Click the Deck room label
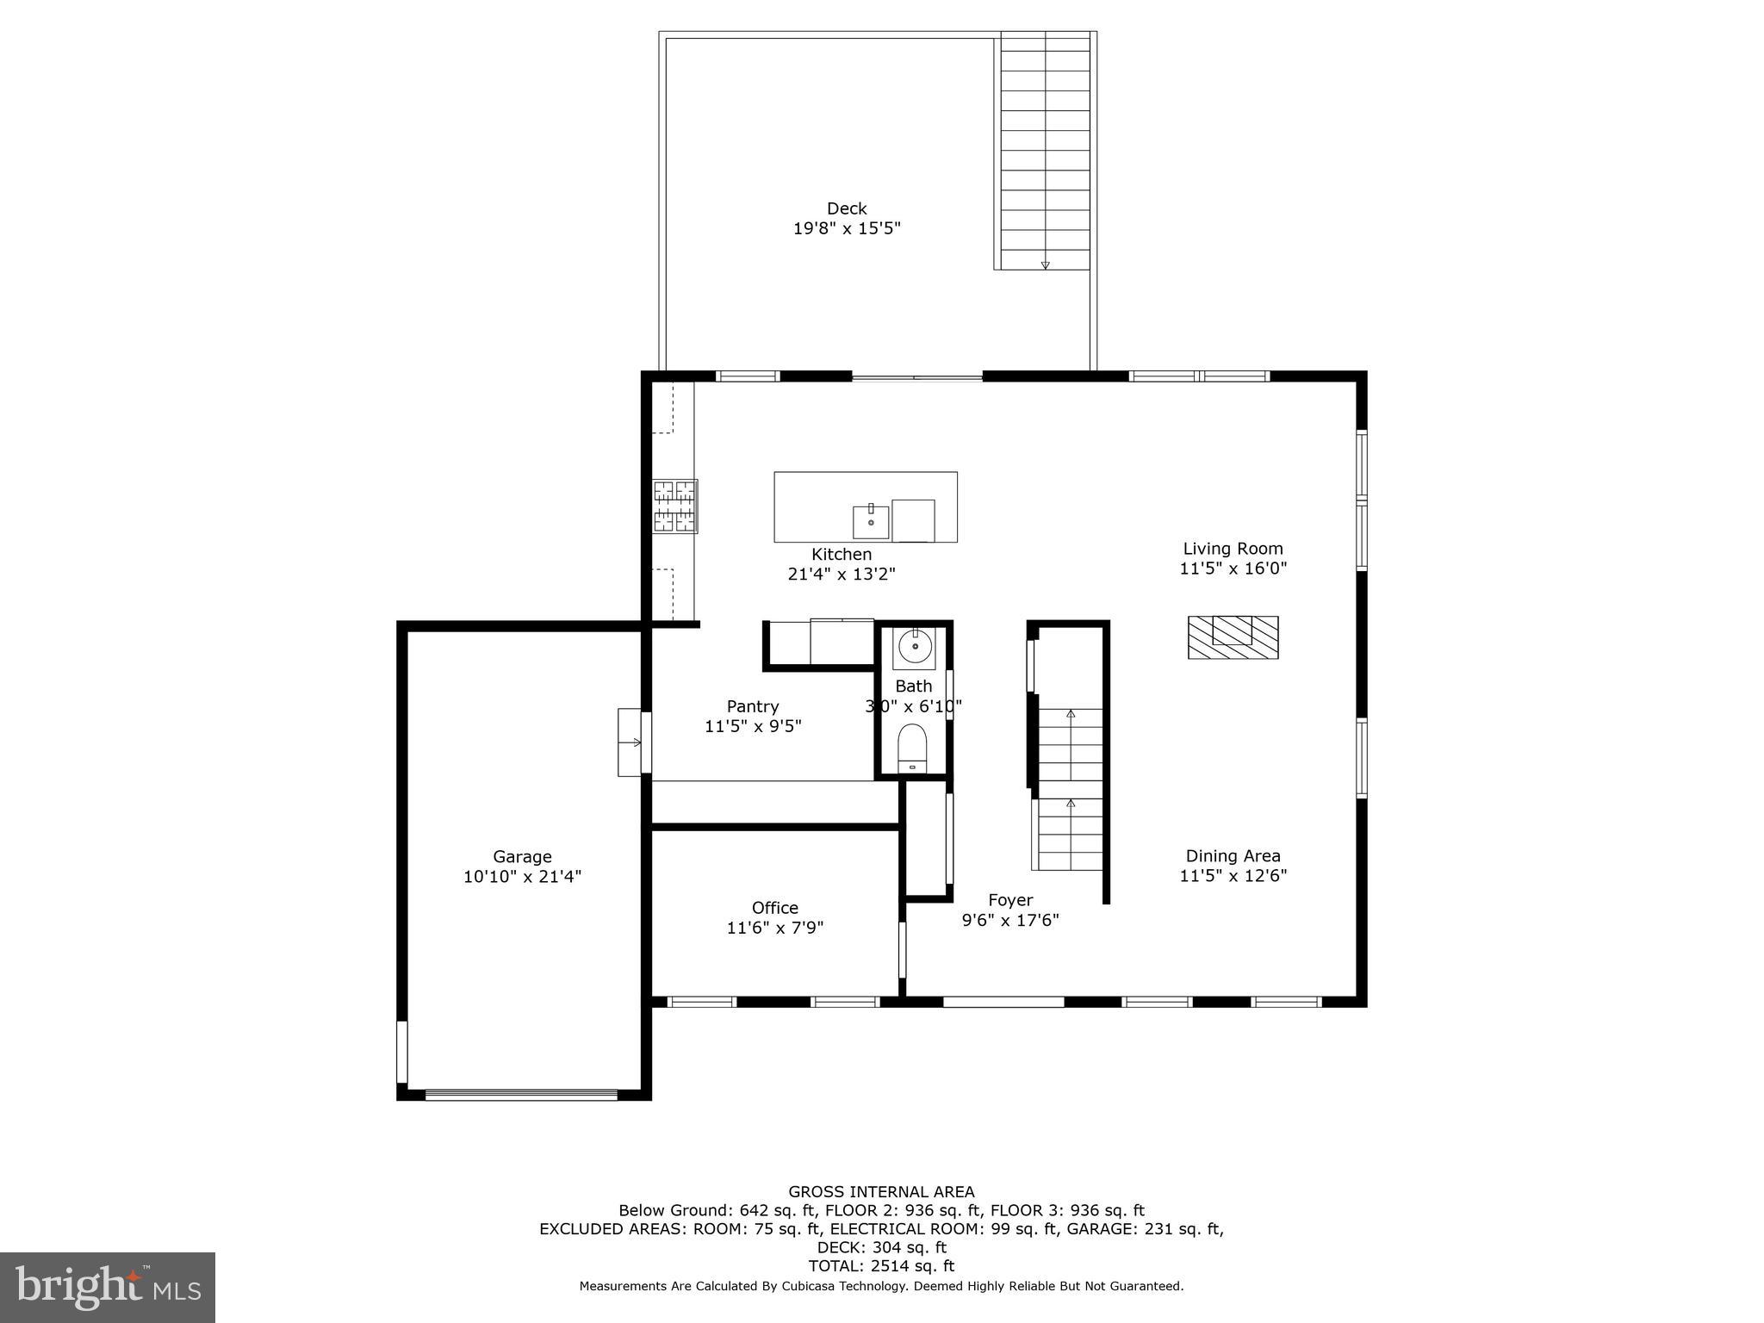point(846,208)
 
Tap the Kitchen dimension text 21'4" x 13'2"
point(842,575)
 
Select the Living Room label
point(1233,549)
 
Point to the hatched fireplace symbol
point(1233,638)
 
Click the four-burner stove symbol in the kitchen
point(674,506)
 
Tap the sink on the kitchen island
point(871,521)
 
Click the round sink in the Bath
point(914,645)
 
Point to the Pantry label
point(753,707)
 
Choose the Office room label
point(774,908)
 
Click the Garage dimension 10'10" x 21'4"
point(522,877)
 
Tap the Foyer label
point(1010,900)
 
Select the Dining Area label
point(1233,856)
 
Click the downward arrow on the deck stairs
point(1045,264)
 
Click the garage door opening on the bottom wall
point(521,1095)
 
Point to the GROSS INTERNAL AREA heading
point(881,1192)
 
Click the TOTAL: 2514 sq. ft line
point(881,1266)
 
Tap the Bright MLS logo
point(108,1287)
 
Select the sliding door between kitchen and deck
point(916,376)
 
